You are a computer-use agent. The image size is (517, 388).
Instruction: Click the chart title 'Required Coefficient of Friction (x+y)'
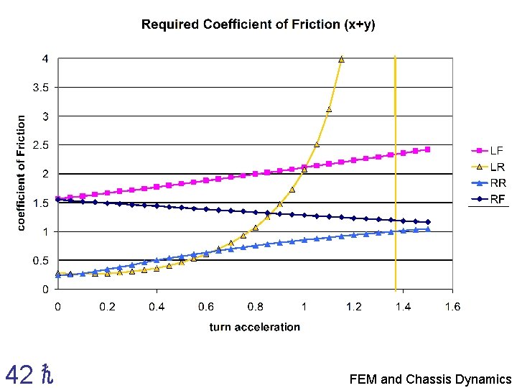(x=258, y=24)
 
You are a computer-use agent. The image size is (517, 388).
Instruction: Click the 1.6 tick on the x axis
(x=452, y=307)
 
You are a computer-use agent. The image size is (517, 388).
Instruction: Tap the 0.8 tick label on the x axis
(x=255, y=307)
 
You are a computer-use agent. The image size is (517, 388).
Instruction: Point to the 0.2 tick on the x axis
(x=107, y=307)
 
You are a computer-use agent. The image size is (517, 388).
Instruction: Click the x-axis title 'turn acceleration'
(x=254, y=327)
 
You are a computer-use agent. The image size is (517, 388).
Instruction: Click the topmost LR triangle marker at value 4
(x=341, y=59)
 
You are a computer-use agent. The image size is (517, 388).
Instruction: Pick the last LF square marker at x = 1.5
(x=428, y=149)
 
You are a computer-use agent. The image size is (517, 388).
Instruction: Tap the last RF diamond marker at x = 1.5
(x=428, y=222)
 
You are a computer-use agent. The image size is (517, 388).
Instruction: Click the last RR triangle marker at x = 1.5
(x=428, y=229)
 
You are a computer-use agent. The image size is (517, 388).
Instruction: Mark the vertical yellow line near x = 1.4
(x=395, y=180)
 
